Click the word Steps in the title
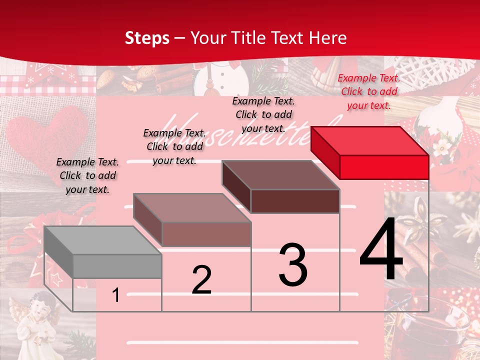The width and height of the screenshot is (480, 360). point(147,38)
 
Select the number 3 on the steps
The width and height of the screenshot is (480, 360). point(293,265)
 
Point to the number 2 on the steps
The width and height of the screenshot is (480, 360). point(201,280)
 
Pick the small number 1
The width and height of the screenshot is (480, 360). point(115,295)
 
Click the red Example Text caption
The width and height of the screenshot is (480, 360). point(369,91)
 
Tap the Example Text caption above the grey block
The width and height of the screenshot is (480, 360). point(87,175)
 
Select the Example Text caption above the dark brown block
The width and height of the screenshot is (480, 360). point(263,114)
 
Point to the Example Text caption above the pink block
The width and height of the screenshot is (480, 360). point(174,146)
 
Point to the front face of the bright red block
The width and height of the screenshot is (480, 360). point(384,167)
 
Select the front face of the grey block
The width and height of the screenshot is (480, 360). point(117,266)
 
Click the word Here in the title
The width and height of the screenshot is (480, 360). point(327,38)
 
